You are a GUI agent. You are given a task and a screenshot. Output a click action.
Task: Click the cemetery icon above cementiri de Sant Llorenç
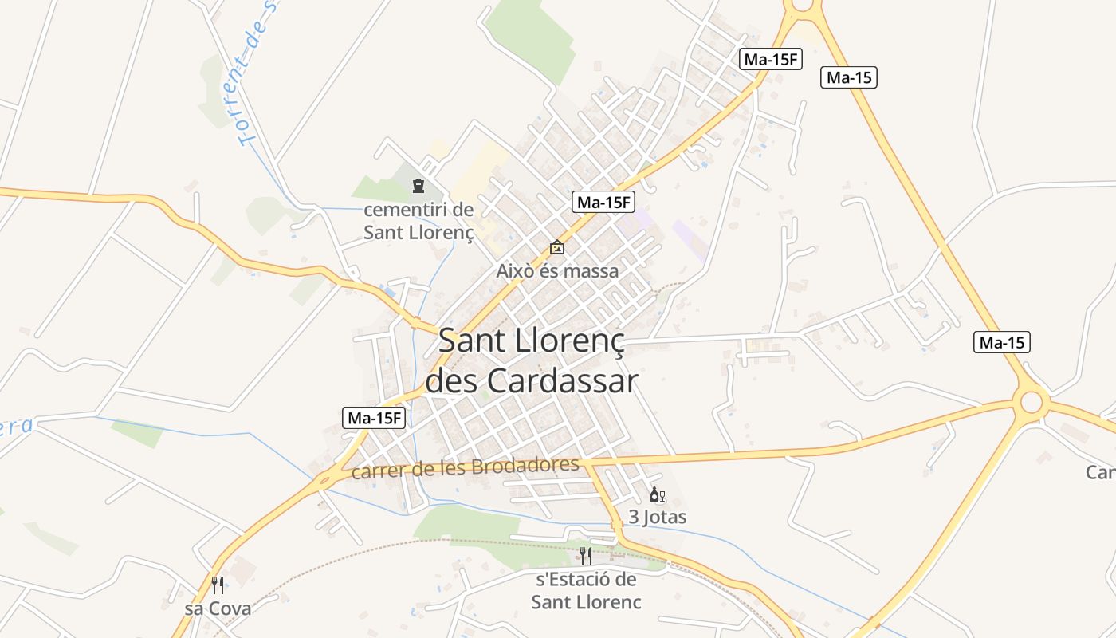418,187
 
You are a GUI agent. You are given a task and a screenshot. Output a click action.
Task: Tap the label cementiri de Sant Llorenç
418,222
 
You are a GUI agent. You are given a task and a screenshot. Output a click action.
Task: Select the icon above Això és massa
557,248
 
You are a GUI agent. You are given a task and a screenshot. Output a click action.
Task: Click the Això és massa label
557,271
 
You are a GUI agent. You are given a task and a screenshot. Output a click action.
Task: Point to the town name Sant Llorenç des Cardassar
531,360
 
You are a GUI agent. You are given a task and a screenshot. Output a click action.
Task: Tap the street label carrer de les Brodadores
465,468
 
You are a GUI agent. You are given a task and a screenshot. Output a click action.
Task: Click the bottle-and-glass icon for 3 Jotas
658,495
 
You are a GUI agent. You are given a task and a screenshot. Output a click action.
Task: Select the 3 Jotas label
657,517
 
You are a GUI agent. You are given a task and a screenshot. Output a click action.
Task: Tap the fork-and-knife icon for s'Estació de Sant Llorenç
585,556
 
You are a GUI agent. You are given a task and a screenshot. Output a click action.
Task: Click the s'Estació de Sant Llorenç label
586,590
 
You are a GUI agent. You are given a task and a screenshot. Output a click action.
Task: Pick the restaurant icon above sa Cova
218,585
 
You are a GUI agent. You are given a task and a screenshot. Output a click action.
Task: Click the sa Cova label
218,608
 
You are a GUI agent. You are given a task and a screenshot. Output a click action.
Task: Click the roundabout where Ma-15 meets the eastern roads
1031,401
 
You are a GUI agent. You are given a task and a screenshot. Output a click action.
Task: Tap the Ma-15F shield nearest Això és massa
603,203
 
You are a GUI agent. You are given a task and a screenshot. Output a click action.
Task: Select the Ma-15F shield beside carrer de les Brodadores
375,417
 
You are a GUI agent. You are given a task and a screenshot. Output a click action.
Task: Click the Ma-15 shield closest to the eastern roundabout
1002,343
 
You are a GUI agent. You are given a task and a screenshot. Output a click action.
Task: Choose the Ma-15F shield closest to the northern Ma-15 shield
770,59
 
